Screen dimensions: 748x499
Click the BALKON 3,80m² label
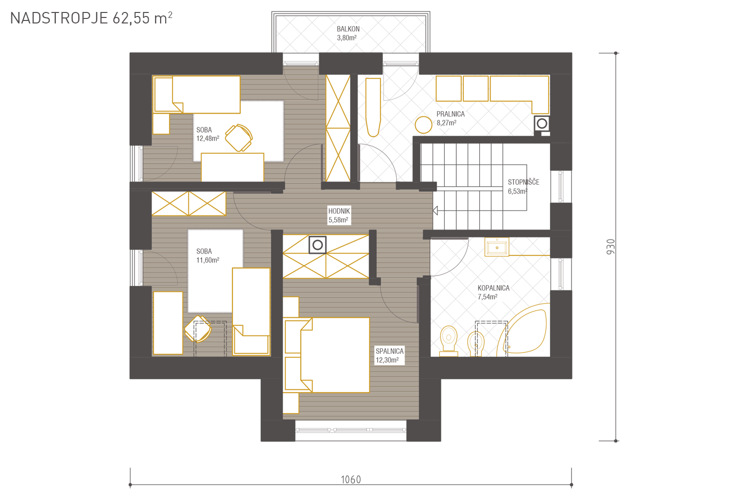tap(348, 33)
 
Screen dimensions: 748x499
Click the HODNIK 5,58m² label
tap(339, 216)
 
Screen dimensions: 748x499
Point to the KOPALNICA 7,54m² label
tap(493, 292)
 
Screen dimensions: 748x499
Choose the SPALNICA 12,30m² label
tap(389, 356)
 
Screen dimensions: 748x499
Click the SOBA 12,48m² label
tap(208, 134)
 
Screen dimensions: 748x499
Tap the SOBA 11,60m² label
tap(208, 255)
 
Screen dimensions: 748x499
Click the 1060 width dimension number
tap(351, 480)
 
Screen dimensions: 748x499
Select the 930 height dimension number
tap(610, 247)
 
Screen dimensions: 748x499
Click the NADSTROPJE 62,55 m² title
tap(91, 18)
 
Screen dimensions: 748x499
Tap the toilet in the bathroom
tap(448, 341)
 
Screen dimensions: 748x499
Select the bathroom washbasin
tap(497, 247)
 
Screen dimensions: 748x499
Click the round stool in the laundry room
tap(423, 125)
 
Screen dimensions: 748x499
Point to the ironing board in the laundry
tap(373, 107)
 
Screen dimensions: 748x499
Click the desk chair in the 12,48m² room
tap(238, 138)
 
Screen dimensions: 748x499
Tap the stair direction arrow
tap(435, 211)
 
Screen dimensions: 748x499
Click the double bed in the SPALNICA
tap(326, 355)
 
